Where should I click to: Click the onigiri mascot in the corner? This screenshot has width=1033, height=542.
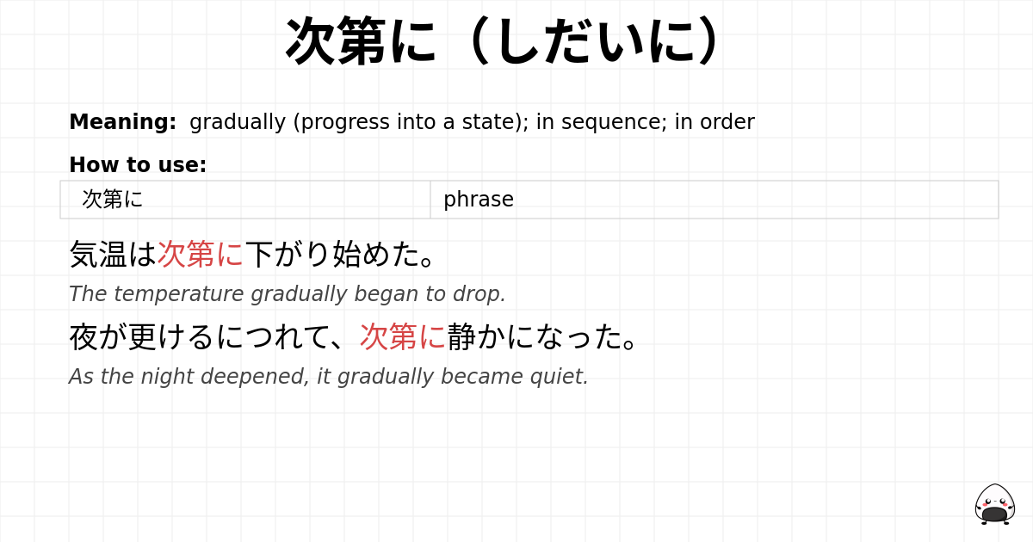994,504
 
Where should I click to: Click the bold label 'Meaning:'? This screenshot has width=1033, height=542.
122,122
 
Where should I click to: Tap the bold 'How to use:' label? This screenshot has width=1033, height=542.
138,165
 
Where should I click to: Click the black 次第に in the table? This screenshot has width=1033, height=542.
112,200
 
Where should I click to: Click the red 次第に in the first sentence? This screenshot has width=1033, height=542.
201,254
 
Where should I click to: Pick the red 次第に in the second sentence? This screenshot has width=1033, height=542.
403,336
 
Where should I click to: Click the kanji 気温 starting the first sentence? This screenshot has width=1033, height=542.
98,254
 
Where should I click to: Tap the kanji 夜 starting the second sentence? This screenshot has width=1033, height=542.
84,336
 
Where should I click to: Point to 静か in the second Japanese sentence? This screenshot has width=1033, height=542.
476,336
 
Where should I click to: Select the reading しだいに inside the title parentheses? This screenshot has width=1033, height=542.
594,41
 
